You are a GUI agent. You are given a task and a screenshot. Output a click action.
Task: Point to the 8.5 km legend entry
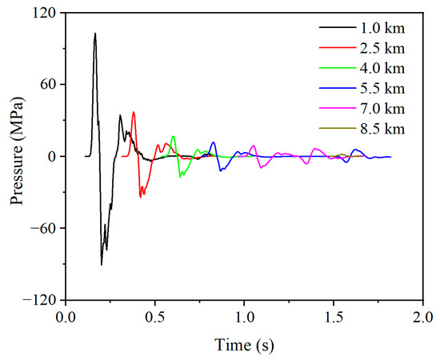[381, 128]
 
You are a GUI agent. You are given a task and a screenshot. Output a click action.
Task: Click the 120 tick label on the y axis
[46, 14]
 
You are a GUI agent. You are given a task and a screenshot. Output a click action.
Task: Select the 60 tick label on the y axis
[49, 85]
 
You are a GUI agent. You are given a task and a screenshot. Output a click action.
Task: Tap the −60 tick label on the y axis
[45, 228]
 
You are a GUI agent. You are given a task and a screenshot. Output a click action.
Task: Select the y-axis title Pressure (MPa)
[17, 156]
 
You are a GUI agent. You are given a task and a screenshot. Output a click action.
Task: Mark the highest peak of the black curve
[95, 34]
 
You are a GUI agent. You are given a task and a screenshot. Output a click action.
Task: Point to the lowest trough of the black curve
[102, 265]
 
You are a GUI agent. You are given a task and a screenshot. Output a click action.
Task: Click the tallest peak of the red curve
[134, 112]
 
